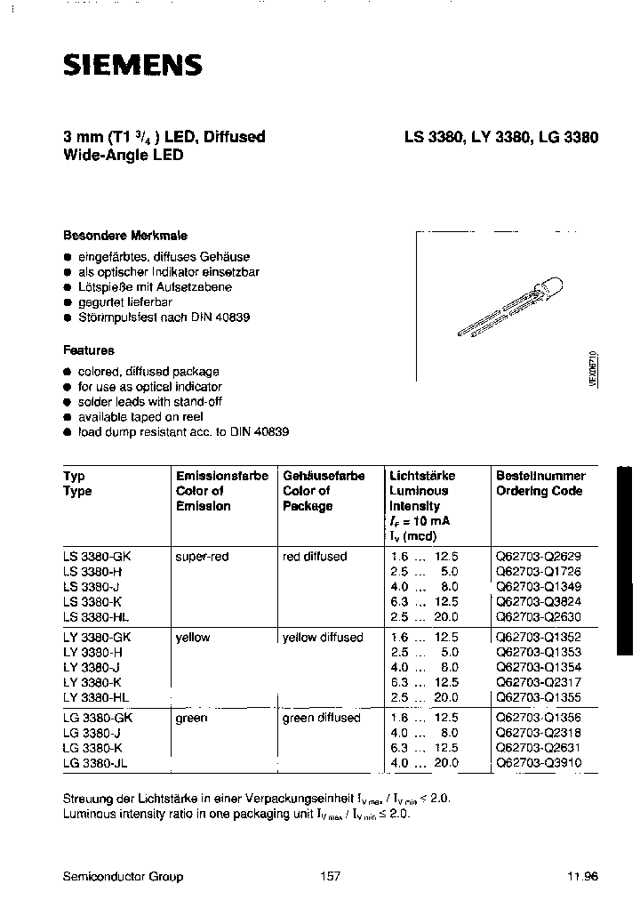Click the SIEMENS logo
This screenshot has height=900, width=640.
(x=132, y=64)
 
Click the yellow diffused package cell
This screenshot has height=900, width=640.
(x=323, y=637)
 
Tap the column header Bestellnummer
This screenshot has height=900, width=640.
(x=540, y=476)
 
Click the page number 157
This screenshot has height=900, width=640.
(x=330, y=876)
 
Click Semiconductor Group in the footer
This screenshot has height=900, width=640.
(x=124, y=876)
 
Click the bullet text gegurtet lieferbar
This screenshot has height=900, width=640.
(x=124, y=302)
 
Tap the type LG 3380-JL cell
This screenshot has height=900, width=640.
(x=99, y=763)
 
